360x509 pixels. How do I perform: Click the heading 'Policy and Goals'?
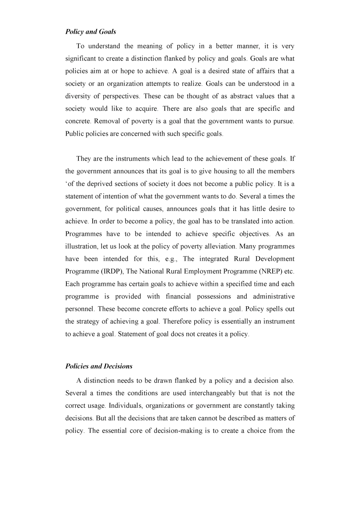[x=91, y=32]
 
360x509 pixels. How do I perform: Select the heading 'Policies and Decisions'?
[x=99, y=366]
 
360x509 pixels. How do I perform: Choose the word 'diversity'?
[x=78, y=96]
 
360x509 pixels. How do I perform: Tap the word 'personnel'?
[x=80, y=309]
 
